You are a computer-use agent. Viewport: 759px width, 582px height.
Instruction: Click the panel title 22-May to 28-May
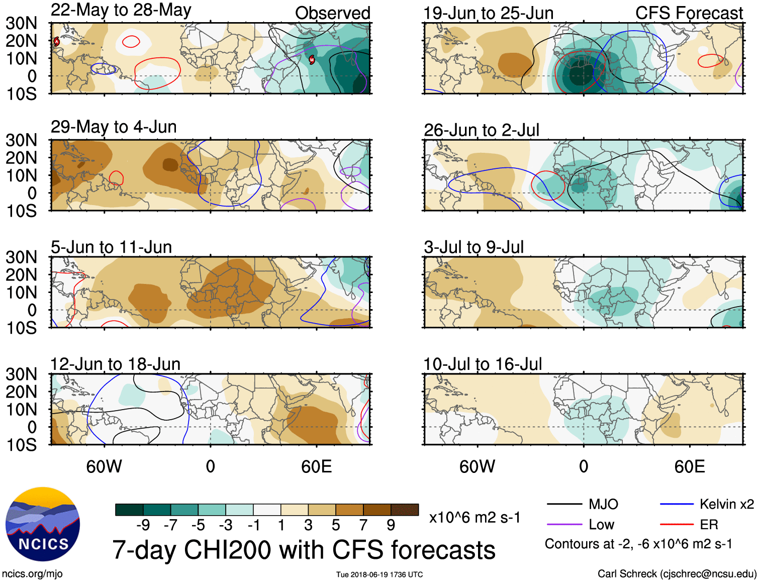tap(121, 11)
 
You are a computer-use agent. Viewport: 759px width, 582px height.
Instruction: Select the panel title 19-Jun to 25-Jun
tap(488, 13)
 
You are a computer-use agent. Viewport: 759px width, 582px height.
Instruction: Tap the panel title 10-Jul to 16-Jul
tap(483, 364)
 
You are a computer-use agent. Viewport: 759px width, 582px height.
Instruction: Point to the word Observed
tap(332, 13)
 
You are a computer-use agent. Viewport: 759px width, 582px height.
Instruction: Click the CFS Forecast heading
tap(689, 13)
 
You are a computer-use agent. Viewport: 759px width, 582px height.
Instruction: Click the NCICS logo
tap(43, 524)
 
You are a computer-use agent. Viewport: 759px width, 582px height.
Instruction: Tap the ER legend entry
tap(709, 525)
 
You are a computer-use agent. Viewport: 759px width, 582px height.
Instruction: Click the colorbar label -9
tap(143, 525)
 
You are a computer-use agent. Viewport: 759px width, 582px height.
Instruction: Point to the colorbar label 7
tap(363, 525)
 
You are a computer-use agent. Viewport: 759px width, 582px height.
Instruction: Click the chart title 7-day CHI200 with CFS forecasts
tap(304, 550)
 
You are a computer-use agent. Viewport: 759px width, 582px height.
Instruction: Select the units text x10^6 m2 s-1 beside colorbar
tap(475, 517)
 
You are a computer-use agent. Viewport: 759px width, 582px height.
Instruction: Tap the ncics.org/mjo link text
tap(32, 573)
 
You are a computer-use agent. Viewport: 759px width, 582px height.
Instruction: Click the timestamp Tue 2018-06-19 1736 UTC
tap(379, 574)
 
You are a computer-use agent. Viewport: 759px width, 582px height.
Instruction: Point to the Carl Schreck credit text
tap(677, 573)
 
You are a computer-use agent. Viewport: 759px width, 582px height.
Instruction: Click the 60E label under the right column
tap(689, 466)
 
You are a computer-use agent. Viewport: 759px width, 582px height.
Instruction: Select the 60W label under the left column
tap(104, 466)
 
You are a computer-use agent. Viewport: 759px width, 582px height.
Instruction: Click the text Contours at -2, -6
tap(638, 544)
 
